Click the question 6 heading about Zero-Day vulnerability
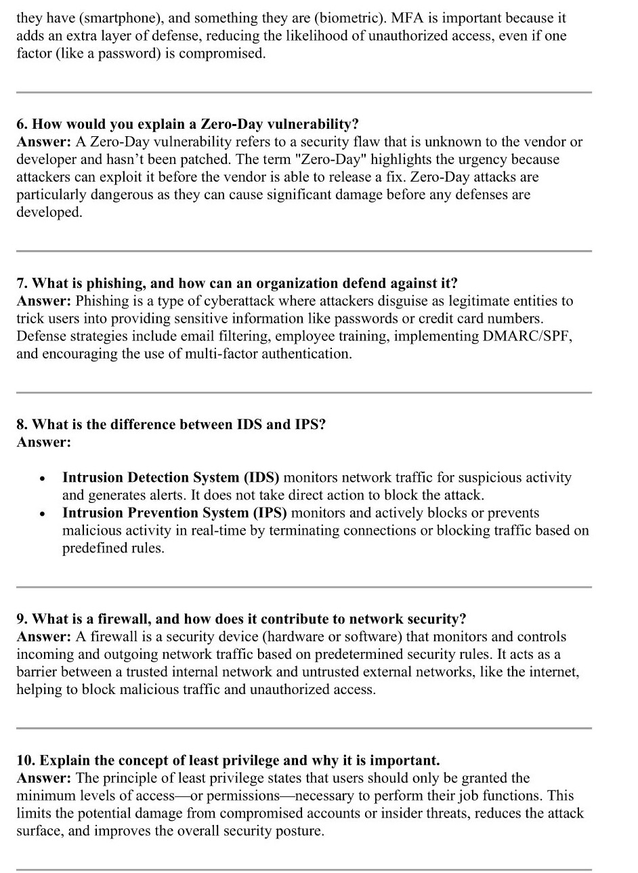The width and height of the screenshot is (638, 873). pos(188,124)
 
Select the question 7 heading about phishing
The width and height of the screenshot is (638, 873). pos(237,283)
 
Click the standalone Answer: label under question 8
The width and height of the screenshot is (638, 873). pos(43,442)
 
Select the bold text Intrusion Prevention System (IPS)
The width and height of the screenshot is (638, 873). pos(175,512)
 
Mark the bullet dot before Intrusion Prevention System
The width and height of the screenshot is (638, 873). pos(42,514)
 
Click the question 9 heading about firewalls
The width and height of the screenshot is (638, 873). pos(242,619)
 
